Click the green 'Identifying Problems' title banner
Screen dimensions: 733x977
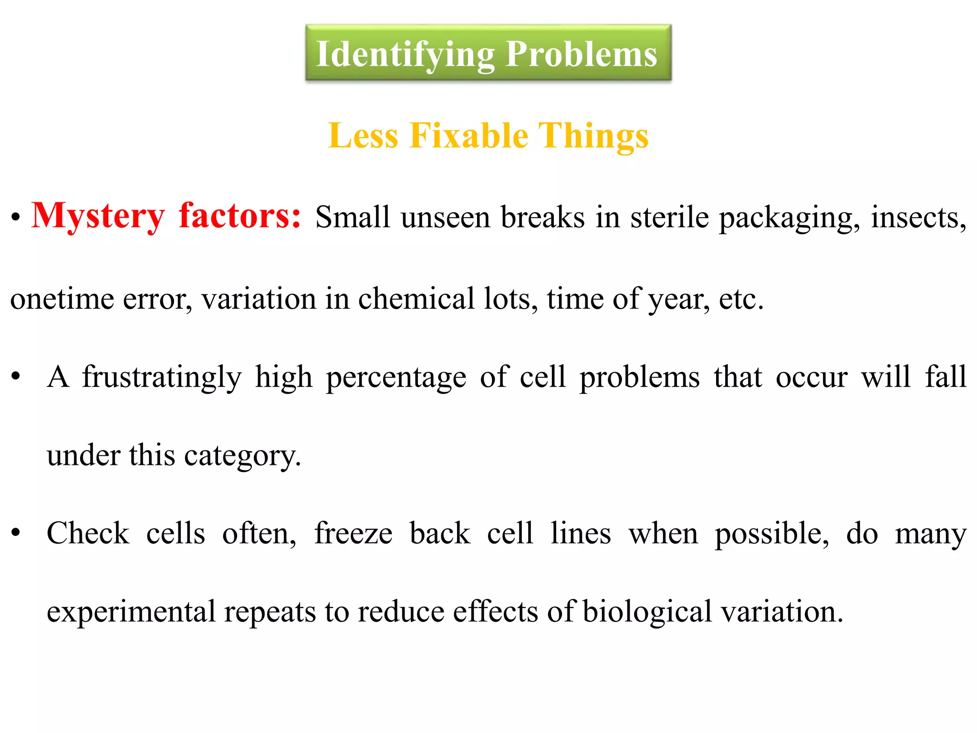[x=488, y=53]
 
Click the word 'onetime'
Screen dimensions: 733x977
[x=62, y=299]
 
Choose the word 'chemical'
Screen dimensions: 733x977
[x=416, y=299]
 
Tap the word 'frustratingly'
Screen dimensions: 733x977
[x=162, y=377]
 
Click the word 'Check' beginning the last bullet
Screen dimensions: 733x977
[x=88, y=533]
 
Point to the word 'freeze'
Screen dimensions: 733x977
[x=353, y=533]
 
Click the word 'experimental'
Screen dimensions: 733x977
[x=131, y=612]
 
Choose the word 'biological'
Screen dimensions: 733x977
[x=647, y=612]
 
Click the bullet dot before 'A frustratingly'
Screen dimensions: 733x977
[x=16, y=377]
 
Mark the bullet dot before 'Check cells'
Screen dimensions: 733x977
[x=16, y=533]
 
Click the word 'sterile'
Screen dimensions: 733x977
[x=669, y=218]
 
